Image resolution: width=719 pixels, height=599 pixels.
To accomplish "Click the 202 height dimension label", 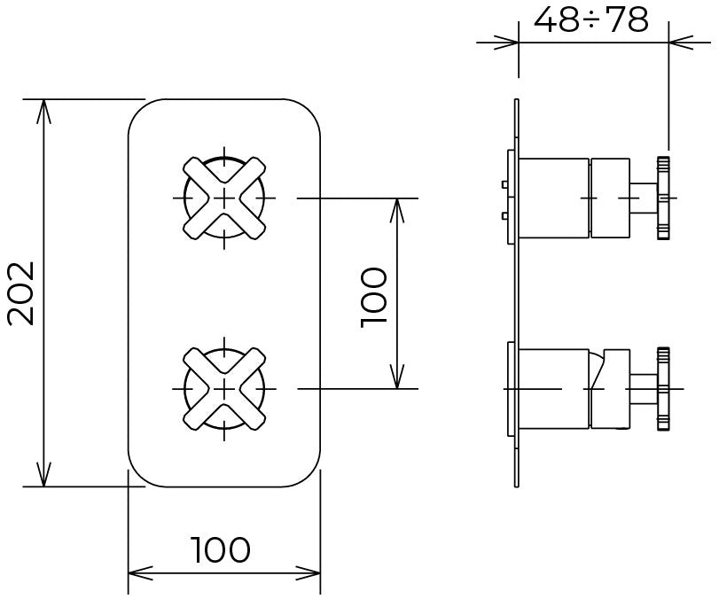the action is click(21, 293).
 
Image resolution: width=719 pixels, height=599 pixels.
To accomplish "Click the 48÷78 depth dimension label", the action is click(591, 19).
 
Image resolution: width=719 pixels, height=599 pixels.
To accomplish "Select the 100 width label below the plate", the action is click(222, 550).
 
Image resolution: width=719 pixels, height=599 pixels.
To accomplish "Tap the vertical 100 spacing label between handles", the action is click(374, 298).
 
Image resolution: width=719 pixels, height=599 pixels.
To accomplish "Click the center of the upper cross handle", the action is click(224, 198).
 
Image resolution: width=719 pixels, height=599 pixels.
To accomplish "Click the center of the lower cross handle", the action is click(224, 389).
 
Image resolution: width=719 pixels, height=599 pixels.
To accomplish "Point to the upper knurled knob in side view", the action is click(663, 198).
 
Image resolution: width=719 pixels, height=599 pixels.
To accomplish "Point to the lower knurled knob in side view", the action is click(663, 389).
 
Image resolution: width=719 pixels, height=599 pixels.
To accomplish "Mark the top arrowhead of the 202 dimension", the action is click(43, 111).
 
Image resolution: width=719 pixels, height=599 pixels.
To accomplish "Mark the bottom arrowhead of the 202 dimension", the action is click(43, 474).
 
